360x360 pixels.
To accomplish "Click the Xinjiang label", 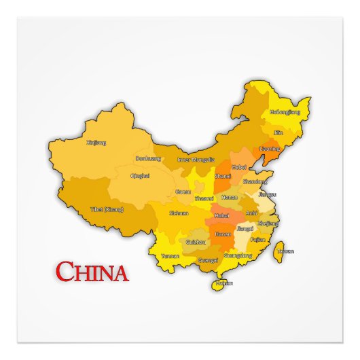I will pyautogui.click(x=96, y=143).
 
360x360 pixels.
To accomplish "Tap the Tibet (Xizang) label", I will pyautogui.click(x=107, y=210).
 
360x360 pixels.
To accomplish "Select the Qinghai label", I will pyautogui.click(x=140, y=175).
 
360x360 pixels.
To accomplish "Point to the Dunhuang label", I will pyautogui.click(x=148, y=158).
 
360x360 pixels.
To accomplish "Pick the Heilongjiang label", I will pyautogui.click(x=284, y=111).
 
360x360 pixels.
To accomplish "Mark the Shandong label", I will pyautogui.click(x=255, y=182).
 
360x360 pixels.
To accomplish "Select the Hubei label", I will pyautogui.click(x=221, y=215).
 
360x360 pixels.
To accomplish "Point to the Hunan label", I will pyautogui.click(x=223, y=234).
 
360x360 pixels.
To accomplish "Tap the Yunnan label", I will pyautogui.click(x=171, y=256).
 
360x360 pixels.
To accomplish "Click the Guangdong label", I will pyautogui.click(x=238, y=255).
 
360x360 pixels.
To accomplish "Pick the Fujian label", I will pyautogui.click(x=257, y=240).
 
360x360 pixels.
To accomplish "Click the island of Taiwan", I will pyautogui.click(x=278, y=254).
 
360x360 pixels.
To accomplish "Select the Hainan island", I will pyautogui.click(x=219, y=283).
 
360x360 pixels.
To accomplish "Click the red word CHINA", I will pyautogui.click(x=92, y=272).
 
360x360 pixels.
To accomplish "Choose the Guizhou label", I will pyautogui.click(x=196, y=242).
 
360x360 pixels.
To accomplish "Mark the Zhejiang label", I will pyautogui.click(x=268, y=223).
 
